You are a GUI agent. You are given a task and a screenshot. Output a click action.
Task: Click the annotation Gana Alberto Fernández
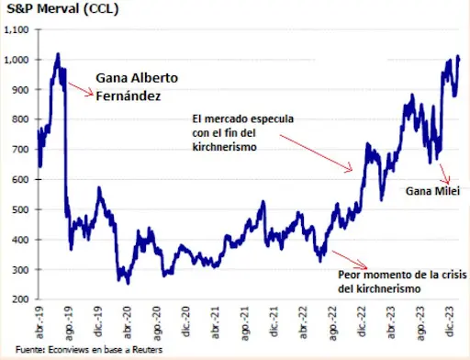pos(135,84)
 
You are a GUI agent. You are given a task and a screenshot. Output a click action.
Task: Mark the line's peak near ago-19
pos(57,54)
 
